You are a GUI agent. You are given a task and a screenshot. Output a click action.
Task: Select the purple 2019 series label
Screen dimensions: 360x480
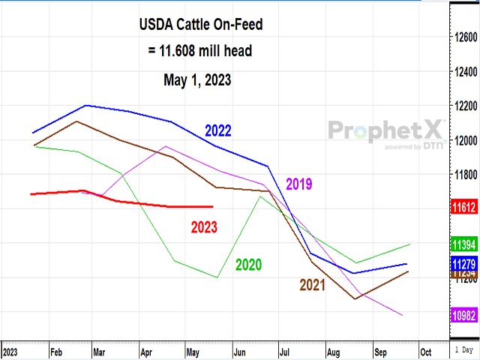[299, 184]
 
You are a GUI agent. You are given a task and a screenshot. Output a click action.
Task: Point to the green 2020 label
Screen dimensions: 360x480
[249, 264]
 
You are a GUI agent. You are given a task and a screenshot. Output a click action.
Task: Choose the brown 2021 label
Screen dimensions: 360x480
[313, 284]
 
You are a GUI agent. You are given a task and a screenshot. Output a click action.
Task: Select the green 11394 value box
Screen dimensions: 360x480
[465, 244]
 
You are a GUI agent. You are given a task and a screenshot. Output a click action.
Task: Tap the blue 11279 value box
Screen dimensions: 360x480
[465, 264]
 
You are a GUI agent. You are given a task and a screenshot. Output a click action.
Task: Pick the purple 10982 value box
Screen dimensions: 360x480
[465, 316]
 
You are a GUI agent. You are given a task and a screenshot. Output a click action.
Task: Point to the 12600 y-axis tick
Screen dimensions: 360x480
[465, 37]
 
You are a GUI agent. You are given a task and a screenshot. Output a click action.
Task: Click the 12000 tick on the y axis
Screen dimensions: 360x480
[465, 140]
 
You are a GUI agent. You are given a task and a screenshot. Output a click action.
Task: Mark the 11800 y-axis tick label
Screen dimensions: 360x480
[465, 175]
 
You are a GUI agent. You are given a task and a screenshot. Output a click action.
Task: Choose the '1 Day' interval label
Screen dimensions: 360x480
[465, 351]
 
